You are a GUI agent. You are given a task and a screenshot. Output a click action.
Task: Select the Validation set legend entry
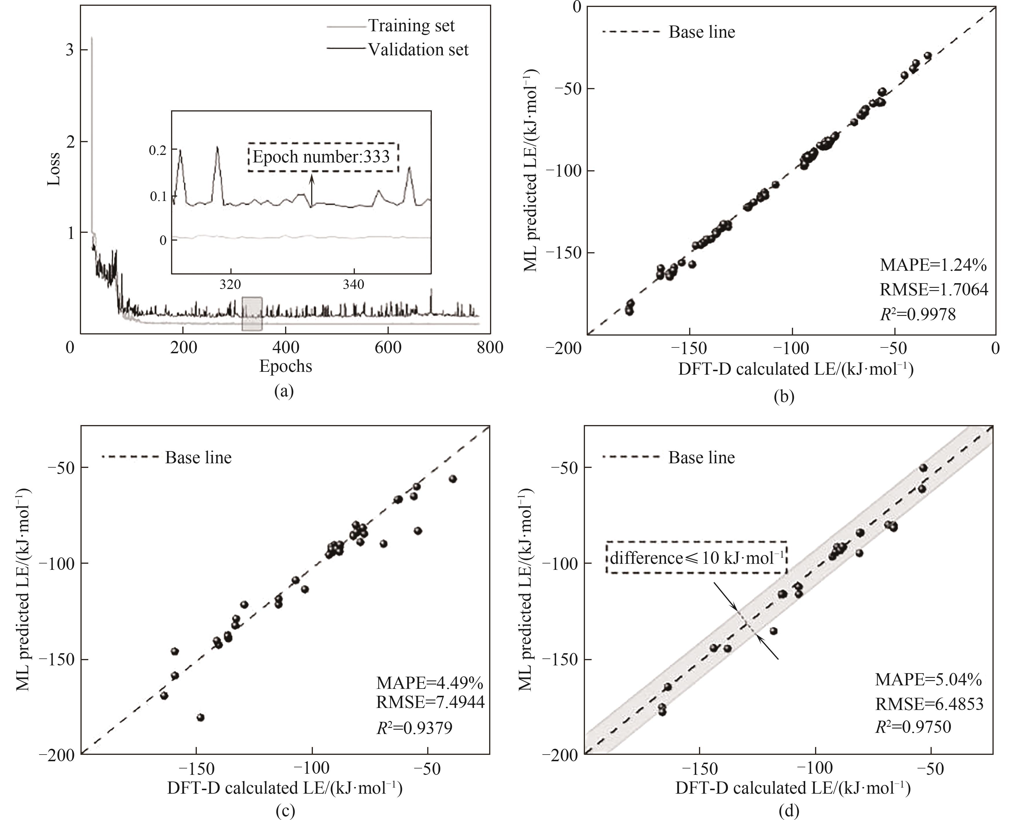(418, 50)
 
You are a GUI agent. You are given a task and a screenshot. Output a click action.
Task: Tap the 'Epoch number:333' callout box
(324, 157)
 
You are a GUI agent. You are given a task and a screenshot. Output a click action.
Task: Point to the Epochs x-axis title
(286, 366)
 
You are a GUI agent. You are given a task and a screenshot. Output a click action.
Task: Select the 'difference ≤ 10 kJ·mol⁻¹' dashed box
(696, 557)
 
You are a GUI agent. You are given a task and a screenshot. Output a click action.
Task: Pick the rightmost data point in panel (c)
(452, 479)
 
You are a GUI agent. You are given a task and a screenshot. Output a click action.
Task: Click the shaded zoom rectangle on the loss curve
(252, 314)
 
